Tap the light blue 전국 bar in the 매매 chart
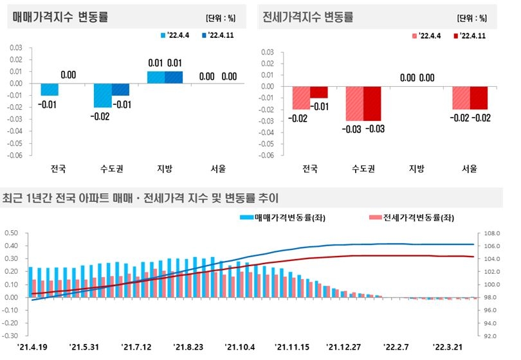50,89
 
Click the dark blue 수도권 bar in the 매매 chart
120,89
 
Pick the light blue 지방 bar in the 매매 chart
156,77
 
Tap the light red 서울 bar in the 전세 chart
461,98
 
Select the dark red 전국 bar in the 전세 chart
318,92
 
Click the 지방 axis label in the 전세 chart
416,170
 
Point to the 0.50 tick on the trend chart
12,233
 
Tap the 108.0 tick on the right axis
492,233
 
